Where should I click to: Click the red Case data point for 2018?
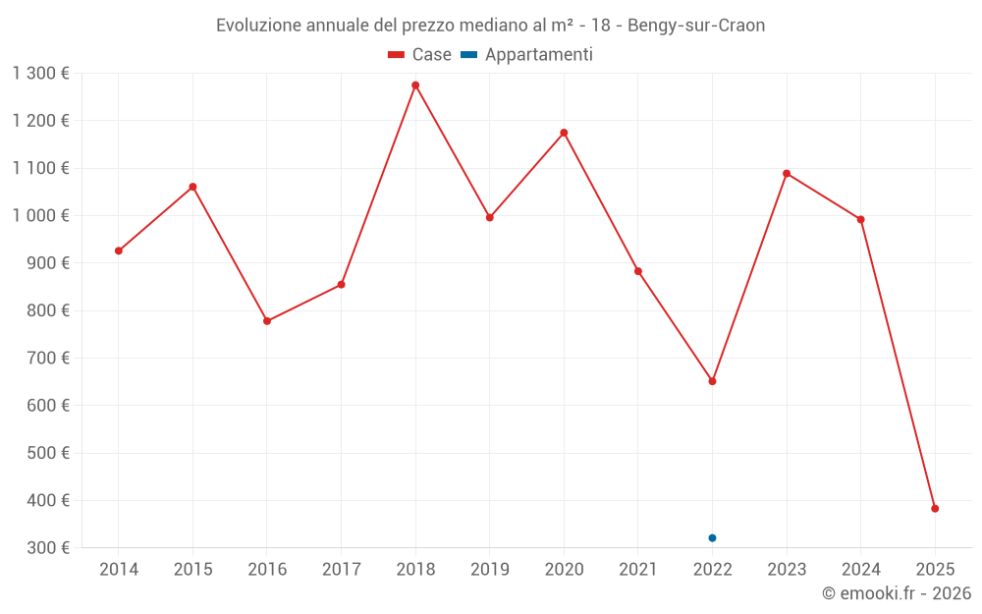(415, 85)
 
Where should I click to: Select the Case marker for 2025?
(935, 509)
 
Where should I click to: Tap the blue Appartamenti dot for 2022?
(712, 538)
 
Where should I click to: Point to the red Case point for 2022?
(712, 381)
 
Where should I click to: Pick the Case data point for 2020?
(564, 133)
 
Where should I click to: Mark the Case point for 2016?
(267, 321)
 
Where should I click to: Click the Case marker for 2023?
(787, 174)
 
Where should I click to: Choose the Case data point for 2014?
(119, 251)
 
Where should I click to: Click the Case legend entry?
(420, 55)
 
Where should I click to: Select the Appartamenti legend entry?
(527, 55)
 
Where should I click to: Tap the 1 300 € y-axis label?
(41, 73)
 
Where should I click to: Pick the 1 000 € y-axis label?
(41, 215)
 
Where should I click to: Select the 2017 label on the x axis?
(341, 570)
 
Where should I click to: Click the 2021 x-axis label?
(638, 570)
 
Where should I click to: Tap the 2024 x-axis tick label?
(860, 570)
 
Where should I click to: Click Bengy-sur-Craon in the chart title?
(696, 26)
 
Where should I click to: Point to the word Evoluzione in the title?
(259, 26)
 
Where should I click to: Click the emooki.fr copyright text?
(896, 593)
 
